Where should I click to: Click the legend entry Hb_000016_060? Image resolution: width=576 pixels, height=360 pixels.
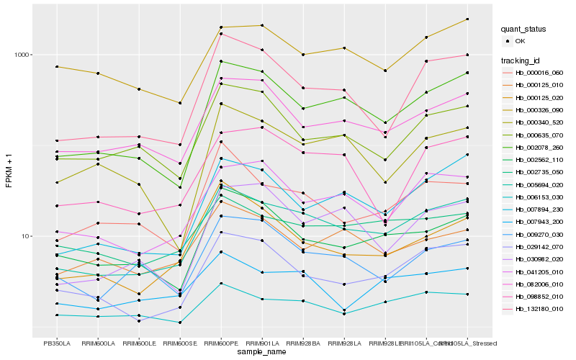[x=537, y=72]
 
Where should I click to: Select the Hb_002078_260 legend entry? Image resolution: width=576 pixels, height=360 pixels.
[x=537, y=148]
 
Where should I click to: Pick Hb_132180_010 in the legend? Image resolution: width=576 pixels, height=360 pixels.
[x=537, y=308]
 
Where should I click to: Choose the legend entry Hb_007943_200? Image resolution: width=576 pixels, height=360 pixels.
[x=537, y=222]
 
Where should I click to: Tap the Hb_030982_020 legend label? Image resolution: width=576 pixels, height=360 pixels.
[x=537, y=258]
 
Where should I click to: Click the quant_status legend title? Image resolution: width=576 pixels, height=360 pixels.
[x=523, y=30]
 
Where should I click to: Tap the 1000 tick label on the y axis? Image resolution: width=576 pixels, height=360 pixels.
[x=24, y=55]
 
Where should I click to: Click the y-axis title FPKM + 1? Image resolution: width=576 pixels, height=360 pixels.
[x=9, y=171]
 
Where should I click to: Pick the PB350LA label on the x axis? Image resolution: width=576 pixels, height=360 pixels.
[x=57, y=343]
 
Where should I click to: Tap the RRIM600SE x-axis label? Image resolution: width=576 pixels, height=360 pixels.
[x=180, y=343]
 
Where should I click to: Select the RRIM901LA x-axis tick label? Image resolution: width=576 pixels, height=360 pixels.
[x=262, y=343]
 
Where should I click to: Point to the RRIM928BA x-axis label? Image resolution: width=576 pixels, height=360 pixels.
[x=303, y=343]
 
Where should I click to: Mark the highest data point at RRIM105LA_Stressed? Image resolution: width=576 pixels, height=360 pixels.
[x=467, y=19]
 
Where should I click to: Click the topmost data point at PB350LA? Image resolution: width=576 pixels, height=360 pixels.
[x=57, y=67]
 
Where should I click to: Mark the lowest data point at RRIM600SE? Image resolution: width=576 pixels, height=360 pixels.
[x=180, y=323]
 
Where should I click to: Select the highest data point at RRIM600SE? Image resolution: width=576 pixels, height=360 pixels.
[x=180, y=103]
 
